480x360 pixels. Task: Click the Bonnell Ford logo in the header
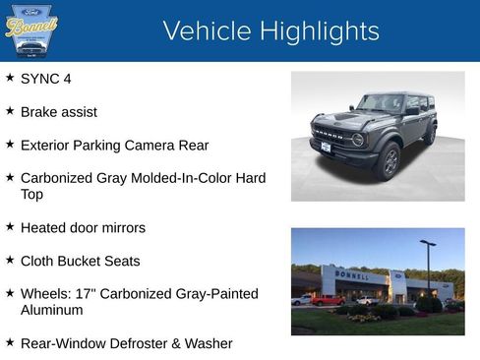pyautogui.click(x=31, y=30)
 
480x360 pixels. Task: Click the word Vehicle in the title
pyautogui.click(x=206, y=30)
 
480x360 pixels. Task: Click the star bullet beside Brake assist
pyautogui.click(x=10, y=110)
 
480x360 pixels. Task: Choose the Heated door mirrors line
pyautogui.click(x=83, y=228)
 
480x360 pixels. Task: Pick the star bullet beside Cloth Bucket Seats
pyautogui.click(x=10, y=260)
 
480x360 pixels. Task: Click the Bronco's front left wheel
pyautogui.click(x=390, y=161)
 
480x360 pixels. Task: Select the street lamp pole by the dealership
pyautogui.click(x=427, y=268)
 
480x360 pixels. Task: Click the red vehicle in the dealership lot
pyautogui.click(x=327, y=300)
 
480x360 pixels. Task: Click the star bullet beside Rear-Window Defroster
pyautogui.click(x=10, y=342)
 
